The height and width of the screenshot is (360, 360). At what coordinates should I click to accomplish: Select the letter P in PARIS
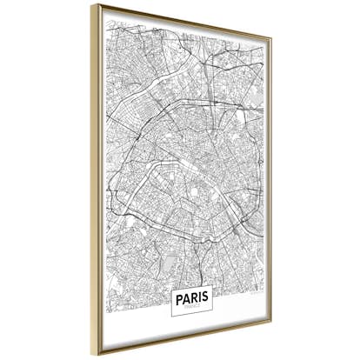click(x=179, y=296)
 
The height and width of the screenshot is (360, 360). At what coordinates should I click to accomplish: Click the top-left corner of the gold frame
click(x=92, y=5)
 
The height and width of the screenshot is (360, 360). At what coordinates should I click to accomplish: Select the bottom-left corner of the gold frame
click(x=92, y=356)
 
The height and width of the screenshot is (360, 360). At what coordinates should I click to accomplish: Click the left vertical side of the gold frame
click(x=93, y=174)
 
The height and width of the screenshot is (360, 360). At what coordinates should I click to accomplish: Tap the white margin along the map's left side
click(x=102, y=174)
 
